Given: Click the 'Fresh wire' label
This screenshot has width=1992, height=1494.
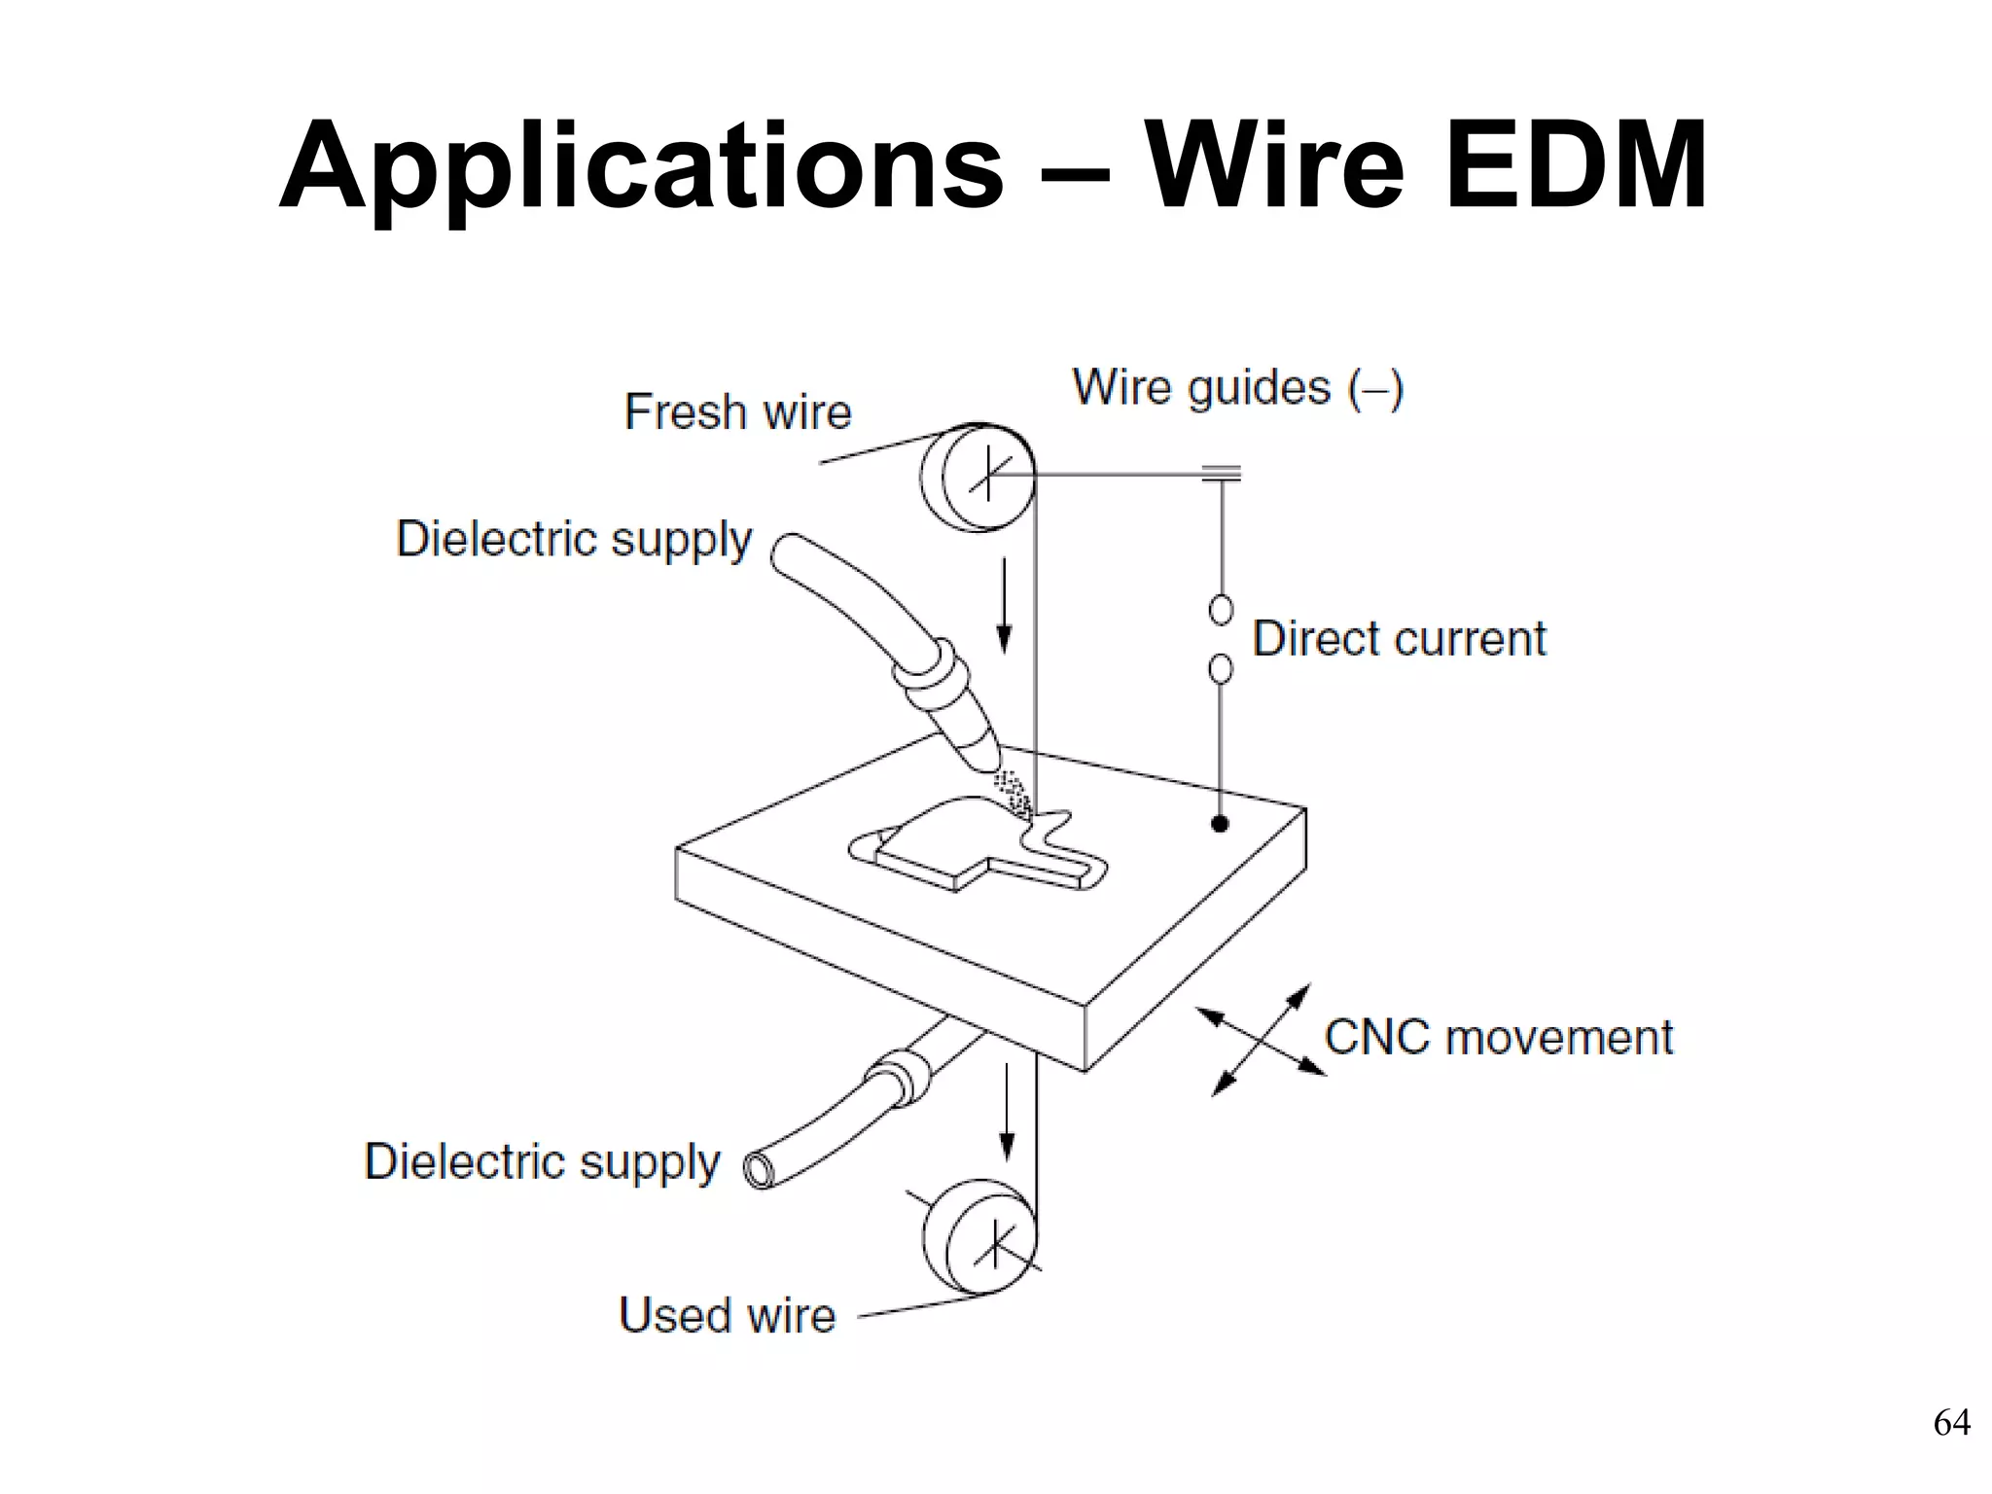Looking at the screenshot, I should click(737, 411).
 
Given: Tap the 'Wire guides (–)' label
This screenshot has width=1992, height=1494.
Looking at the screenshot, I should click(1237, 388).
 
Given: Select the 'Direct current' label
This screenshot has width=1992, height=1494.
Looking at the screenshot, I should click(1398, 639).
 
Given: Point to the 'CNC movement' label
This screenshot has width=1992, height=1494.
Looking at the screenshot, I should click(1498, 1037).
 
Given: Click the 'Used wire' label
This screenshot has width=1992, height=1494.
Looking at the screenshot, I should click(727, 1315).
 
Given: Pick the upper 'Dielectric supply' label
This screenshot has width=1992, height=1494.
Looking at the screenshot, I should click(574, 539).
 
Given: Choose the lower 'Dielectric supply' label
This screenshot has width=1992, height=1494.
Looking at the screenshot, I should click(542, 1161).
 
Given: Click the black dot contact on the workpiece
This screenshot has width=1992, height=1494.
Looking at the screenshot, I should click(1220, 824).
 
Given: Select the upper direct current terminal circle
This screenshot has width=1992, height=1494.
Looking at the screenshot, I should click(1221, 610).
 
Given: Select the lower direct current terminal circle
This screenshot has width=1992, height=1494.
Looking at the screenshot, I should click(1221, 669).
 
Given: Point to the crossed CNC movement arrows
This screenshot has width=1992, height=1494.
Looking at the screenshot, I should click(1261, 1040).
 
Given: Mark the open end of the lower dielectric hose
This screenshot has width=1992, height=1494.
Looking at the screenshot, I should click(759, 1170).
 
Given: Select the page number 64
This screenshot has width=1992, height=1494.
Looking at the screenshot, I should click(1951, 1423).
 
